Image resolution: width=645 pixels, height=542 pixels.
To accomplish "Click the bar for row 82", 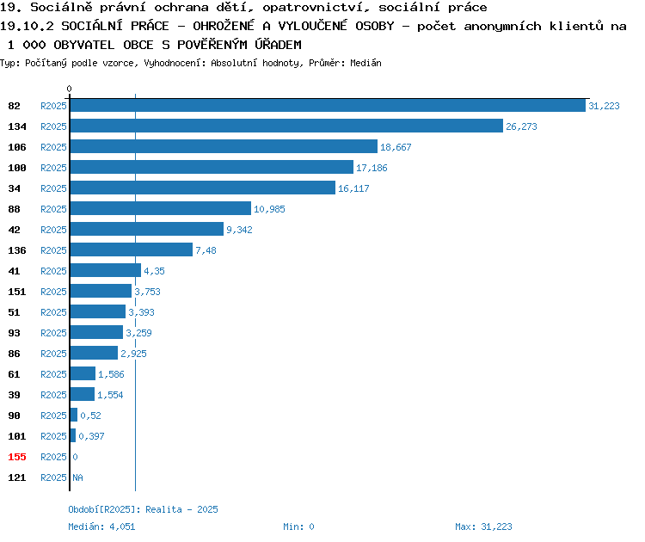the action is pos(328,105).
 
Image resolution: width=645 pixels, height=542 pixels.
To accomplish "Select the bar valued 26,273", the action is pos(286,126).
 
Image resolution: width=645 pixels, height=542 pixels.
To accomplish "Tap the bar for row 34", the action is pos(203,188).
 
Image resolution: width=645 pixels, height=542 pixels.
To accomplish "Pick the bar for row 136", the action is pos(132,249).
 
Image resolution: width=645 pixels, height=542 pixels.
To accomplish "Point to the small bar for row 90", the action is pos(74,415).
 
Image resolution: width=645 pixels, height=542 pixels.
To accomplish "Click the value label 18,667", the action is pos(396,147).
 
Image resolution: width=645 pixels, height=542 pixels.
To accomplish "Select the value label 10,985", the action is pos(269,209).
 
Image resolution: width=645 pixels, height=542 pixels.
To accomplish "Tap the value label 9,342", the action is pos(239,230).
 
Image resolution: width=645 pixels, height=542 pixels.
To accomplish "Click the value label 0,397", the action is pos(91,436).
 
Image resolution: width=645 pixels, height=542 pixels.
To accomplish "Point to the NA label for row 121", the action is pos(77,477).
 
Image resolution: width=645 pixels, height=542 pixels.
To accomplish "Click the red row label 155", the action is pos(17,457).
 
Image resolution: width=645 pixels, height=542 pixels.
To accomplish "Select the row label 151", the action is pos(17,292).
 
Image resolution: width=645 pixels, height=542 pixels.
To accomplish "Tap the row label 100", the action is pos(17,168).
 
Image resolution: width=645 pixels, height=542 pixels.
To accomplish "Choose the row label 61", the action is pos(14,374).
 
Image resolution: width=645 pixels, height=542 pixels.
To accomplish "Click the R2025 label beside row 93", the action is pos(53,333).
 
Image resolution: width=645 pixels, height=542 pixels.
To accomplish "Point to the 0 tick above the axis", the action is pos(69,89).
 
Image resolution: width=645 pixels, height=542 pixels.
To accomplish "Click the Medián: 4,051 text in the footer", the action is pos(101,527).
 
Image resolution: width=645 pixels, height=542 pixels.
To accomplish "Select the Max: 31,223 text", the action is pos(483,527).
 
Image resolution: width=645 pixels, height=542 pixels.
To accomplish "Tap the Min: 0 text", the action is pos(298,527).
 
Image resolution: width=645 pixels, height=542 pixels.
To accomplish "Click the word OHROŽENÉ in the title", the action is pos(224,26).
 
